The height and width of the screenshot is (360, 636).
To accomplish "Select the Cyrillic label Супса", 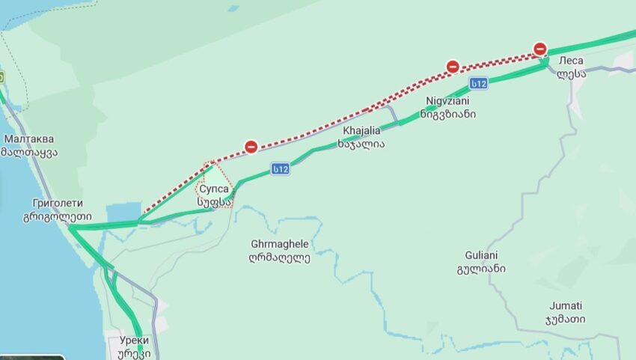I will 213,189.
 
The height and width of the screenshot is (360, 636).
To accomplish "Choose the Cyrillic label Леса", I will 570,60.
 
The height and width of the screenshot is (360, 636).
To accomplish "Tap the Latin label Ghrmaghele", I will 280,245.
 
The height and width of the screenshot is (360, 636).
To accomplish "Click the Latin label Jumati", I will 566,305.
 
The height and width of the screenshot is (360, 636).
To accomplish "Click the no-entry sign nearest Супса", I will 251,147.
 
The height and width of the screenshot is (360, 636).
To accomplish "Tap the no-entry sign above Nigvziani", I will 453,67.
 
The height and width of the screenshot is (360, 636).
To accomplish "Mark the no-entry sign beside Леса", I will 540,49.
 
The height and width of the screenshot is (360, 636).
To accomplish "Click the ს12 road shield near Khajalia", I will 281,170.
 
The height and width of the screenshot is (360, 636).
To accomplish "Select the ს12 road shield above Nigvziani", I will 479,83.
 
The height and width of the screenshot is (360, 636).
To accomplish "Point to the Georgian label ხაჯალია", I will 361,143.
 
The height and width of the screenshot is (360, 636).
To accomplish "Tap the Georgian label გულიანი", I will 482,268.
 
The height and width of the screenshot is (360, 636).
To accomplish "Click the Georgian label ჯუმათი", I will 566,319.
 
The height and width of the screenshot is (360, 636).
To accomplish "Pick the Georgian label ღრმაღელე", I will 279,258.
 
